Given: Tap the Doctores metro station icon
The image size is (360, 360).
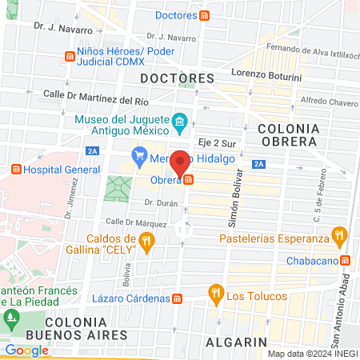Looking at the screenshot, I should (x=206, y=15).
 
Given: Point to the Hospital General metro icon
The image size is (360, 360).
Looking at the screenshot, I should (x=16, y=170).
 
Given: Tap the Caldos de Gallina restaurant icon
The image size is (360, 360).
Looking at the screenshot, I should (x=146, y=241).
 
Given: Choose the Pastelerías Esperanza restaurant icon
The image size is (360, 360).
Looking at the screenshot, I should (x=340, y=237).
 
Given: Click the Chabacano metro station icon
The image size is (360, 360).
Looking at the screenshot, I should (x=345, y=260).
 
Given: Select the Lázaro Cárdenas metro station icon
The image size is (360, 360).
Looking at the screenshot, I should (x=178, y=298).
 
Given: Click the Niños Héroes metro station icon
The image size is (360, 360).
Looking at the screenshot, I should (x=69, y=56).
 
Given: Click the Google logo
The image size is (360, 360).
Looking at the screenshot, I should (x=26, y=350).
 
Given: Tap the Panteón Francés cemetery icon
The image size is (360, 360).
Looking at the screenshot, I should (x=10, y=318).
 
